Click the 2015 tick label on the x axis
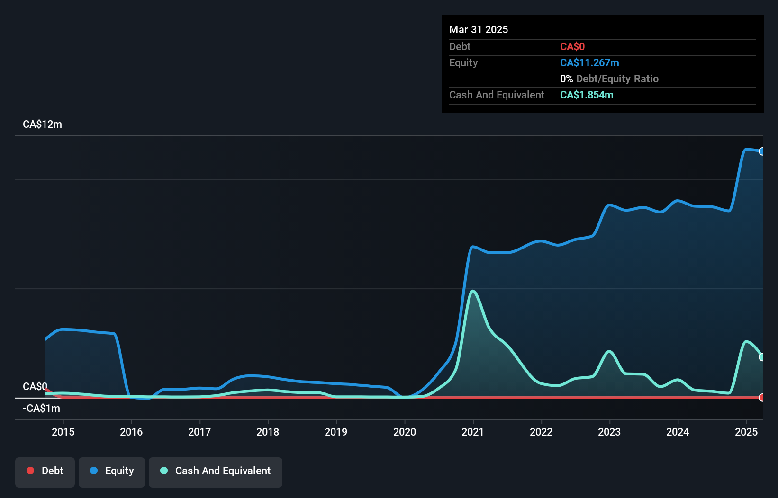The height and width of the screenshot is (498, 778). [x=63, y=432]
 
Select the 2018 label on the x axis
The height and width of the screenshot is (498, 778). [x=268, y=432]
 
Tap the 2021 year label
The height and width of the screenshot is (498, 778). [x=472, y=432]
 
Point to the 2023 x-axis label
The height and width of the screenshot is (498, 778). [x=609, y=432]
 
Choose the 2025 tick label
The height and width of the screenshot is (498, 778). [x=746, y=432]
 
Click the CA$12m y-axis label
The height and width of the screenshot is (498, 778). [x=42, y=124]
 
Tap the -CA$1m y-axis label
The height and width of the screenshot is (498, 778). [x=41, y=408]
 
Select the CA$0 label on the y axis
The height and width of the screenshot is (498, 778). [x=35, y=386]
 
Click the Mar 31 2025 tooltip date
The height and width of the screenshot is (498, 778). [x=479, y=29]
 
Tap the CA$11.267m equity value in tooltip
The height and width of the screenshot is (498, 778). [x=589, y=63]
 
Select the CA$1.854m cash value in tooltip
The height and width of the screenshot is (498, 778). [x=587, y=95]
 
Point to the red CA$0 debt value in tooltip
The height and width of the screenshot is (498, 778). [x=572, y=47]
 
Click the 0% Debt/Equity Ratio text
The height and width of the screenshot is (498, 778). [x=609, y=79]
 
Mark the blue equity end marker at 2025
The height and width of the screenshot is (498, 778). [x=761, y=151]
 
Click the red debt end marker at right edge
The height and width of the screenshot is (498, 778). [x=761, y=398]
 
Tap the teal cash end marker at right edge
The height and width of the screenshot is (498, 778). [x=761, y=357]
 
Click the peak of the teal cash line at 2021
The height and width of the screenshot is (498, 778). [x=472, y=291]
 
